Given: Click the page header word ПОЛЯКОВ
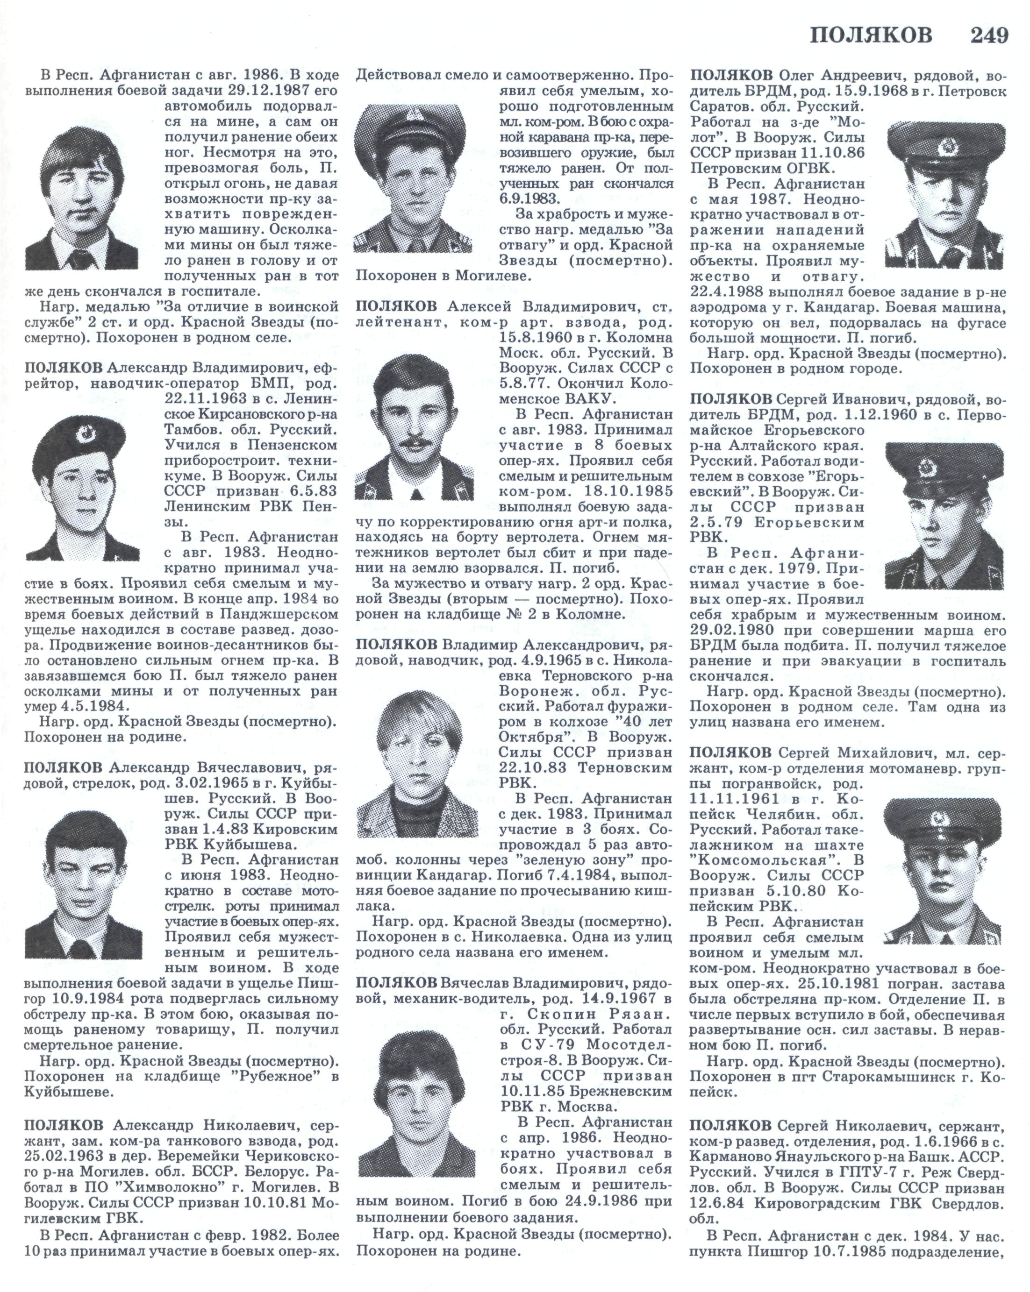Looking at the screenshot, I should (871, 36).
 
